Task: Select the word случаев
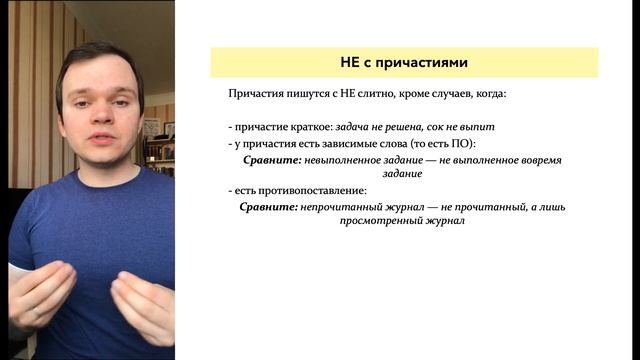(449, 95)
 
